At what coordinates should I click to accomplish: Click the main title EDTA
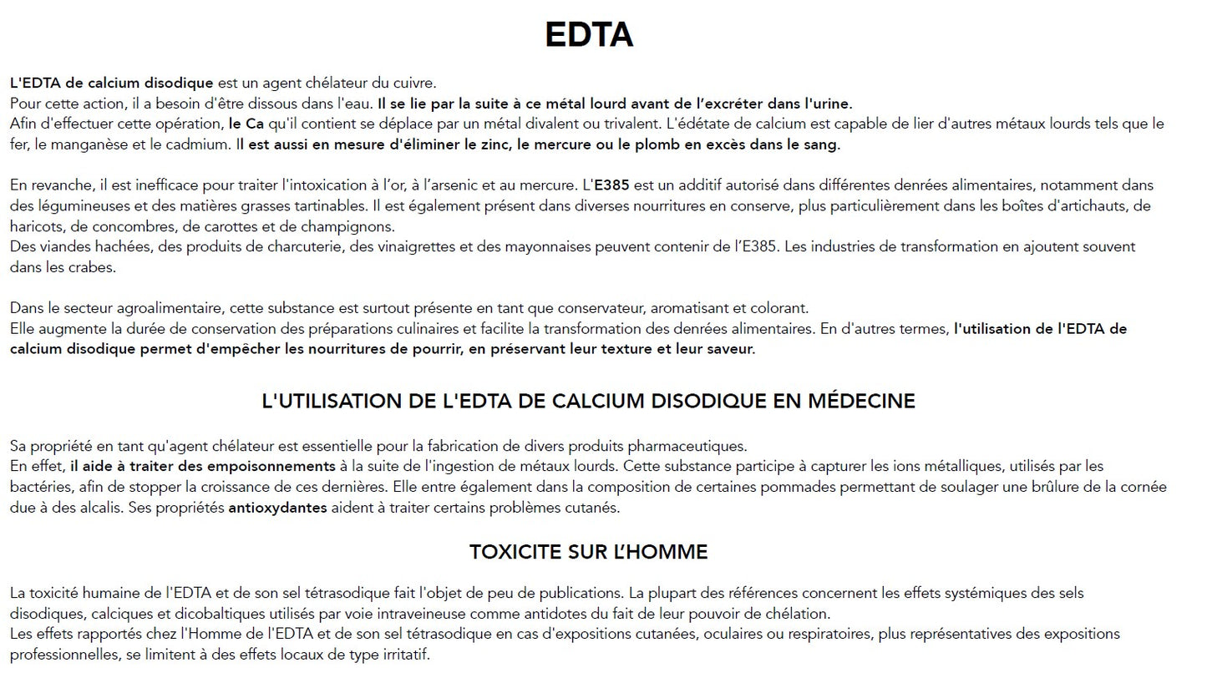pyautogui.click(x=588, y=35)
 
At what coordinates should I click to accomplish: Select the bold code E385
pyautogui.click(x=611, y=185)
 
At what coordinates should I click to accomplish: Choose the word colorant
pyautogui.click(x=779, y=308)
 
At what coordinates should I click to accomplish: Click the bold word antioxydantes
pyautogui.click(x=277, y=508)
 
